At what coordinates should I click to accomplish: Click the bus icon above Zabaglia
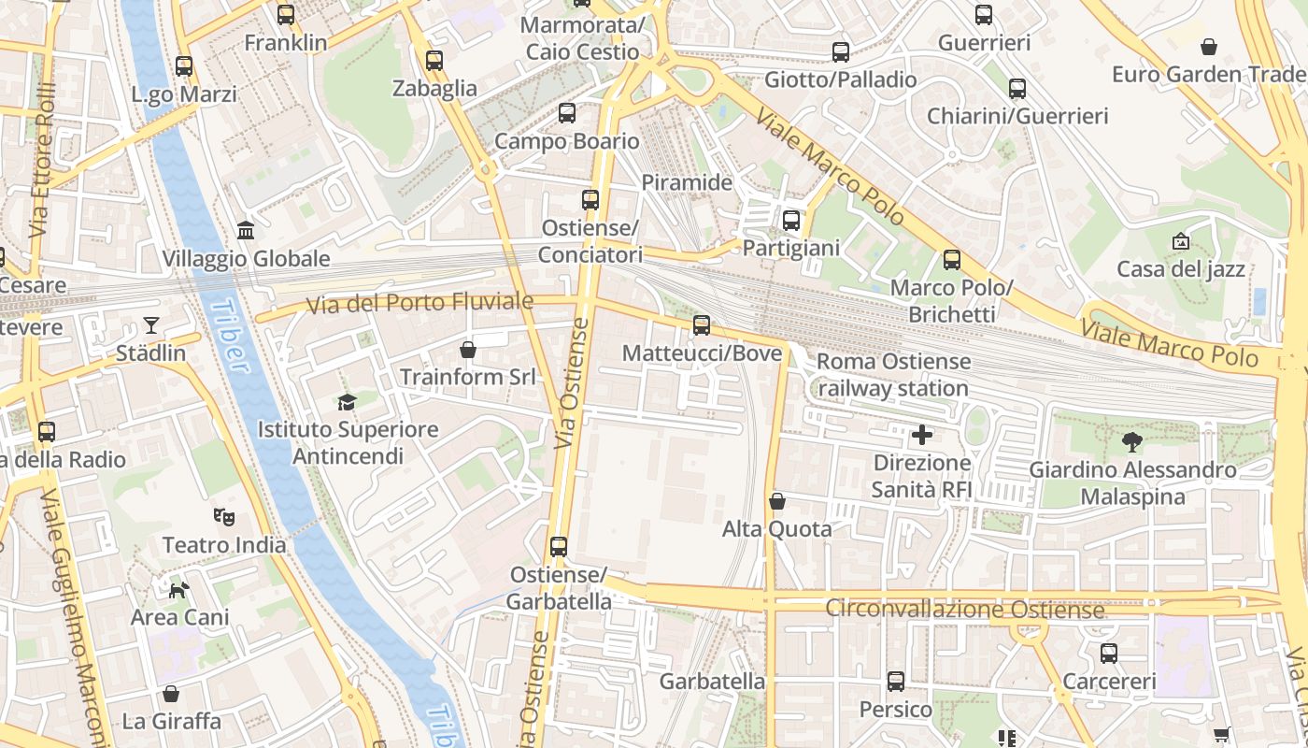434,62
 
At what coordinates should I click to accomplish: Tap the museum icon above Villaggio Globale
246,230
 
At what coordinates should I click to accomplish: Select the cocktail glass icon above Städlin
151,325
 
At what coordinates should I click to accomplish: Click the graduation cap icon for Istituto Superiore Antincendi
348,402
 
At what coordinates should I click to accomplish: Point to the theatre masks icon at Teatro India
223,516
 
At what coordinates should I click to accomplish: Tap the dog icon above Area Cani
179,589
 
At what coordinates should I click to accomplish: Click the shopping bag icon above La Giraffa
171,694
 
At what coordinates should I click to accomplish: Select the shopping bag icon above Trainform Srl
468,350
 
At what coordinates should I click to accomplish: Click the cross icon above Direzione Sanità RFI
922,435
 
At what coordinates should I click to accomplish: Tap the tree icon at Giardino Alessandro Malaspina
1132,442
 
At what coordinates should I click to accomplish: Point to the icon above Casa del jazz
1181,241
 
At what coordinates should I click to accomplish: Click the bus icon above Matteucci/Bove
702,325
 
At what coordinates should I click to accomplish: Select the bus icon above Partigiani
791,221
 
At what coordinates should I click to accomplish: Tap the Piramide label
687,182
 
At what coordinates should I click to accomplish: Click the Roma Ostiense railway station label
893,375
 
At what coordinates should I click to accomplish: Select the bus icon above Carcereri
1109,654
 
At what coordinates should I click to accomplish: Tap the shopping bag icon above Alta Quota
776,502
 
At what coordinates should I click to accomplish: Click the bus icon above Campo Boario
567,114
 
